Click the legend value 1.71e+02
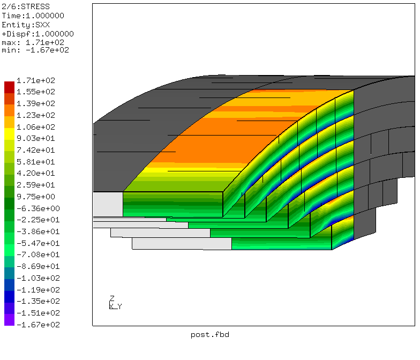tap(35, 80)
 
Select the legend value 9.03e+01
tap(35, 138)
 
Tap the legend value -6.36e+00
tap(38, 208)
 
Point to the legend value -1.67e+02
tap(38, 325)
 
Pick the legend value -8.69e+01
tap(38, 266)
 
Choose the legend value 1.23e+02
tap(35, 115)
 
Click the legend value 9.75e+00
tap(35, 197)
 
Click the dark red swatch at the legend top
tap(10, 87)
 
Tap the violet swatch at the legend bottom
tap(10, 320)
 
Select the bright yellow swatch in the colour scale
tap(10, 134)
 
